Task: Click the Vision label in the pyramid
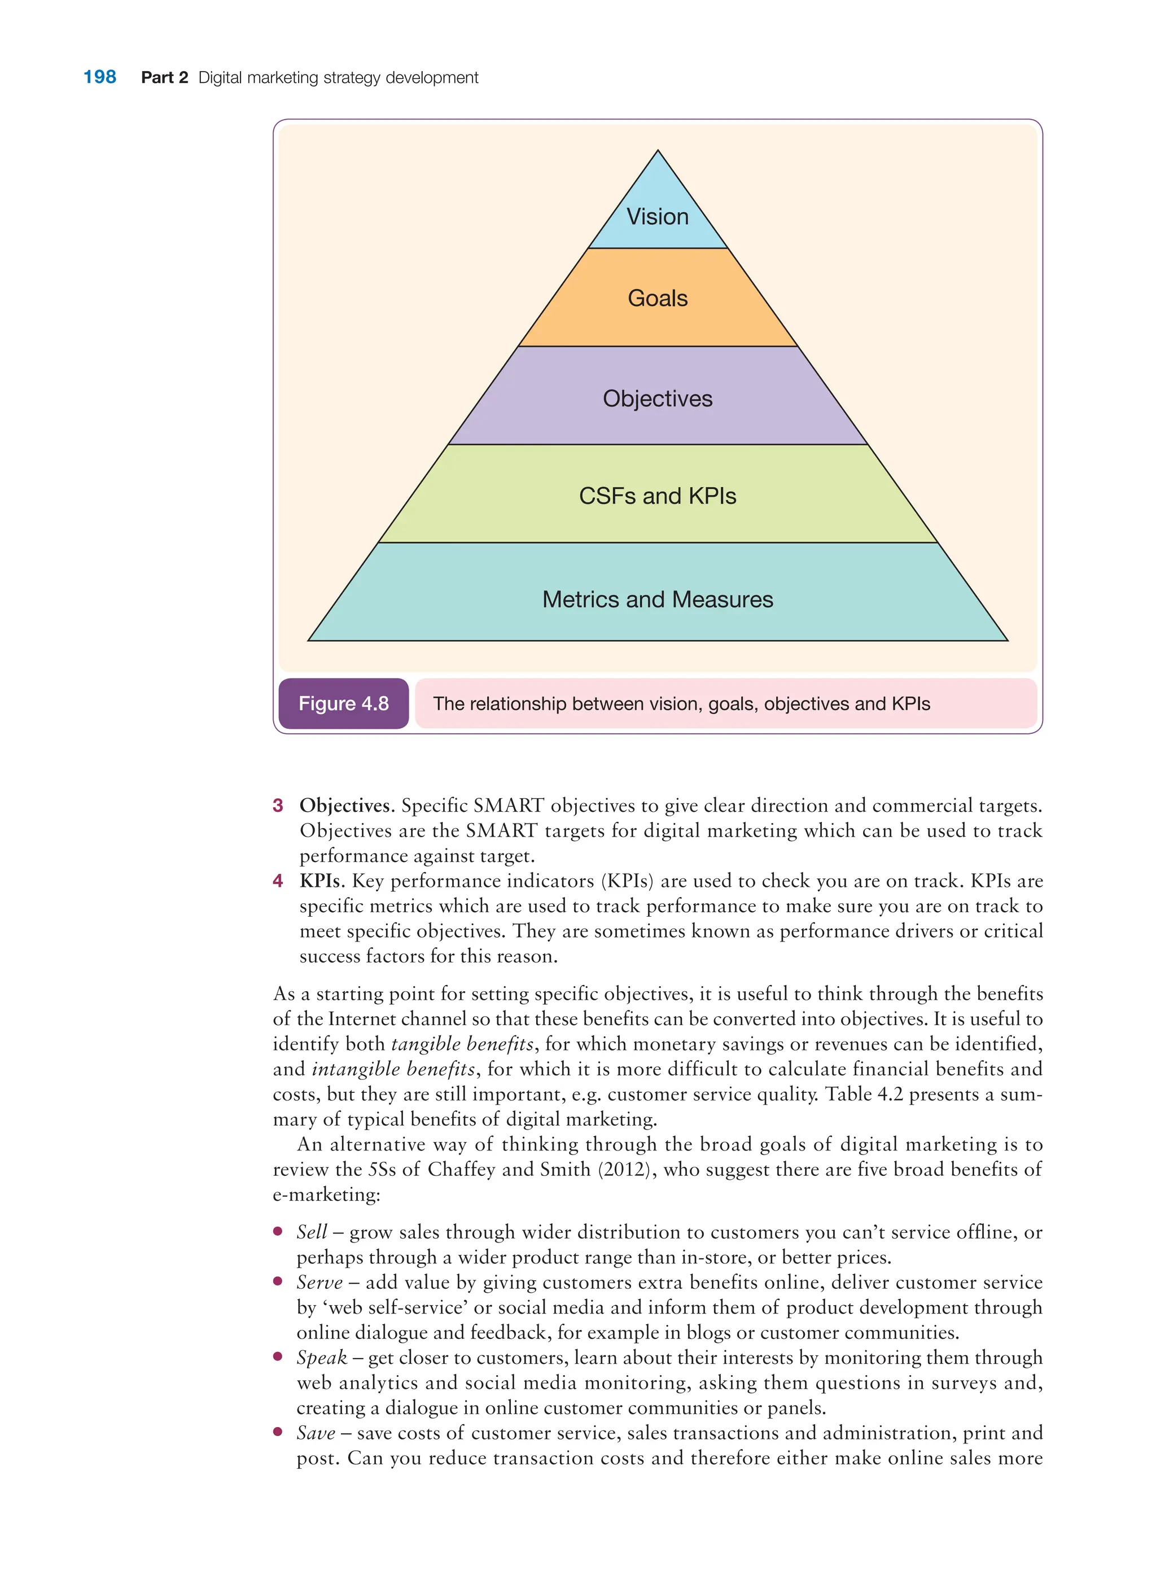click(x=657, y=217)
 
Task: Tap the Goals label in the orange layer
click(x=657, y=298)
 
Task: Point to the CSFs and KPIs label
click(x=657, y=496)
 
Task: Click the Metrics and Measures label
click(x=657, y=599)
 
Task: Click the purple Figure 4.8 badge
click(x=344, y=703)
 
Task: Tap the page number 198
click(x=99, y=77)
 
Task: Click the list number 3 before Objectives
click(x=278, y=805)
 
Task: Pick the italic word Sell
click(x=312, y=1232)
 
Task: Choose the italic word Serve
click(x=319, y=1282)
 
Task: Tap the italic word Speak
click(x=322, y=1358)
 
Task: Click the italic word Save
click(x=316, y=1433)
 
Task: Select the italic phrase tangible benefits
click(x=462, y=1044)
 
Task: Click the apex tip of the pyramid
click(x=658, y=151)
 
